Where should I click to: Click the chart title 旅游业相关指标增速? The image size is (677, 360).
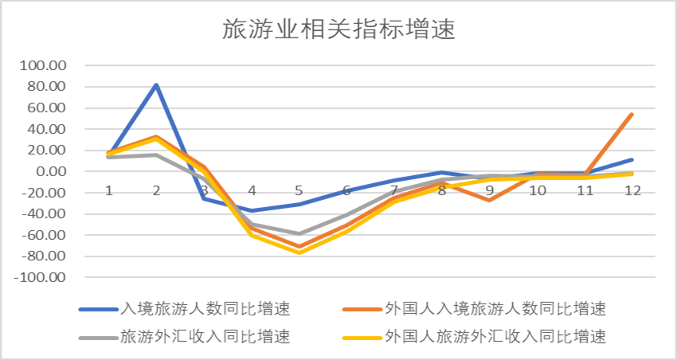click(338, 29)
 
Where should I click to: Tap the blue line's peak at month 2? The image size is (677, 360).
click(156, 84)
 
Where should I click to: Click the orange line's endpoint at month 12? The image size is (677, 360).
click(632, 114)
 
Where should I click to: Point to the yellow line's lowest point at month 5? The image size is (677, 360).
click(299, 252)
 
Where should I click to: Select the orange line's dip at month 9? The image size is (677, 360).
click(489, 200)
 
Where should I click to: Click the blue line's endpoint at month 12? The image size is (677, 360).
click(632, 159)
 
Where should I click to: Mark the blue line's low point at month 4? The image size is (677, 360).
click(252, 211)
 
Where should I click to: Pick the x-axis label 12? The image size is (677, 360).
click(632, 191)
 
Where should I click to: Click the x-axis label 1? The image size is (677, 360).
click(109, 191)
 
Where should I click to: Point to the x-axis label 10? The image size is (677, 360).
click(538, 191)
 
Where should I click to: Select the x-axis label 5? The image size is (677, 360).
click(299, 191)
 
